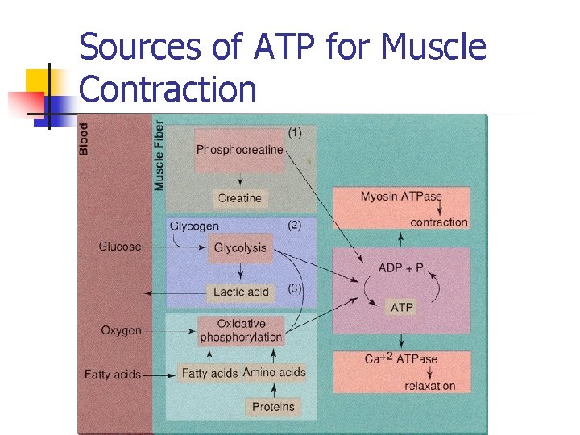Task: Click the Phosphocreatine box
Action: coord(239,150)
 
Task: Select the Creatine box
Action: coord(239,197)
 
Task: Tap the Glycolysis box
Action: coord(240,248)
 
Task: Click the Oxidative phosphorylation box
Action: coord(241,330)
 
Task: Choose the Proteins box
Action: coord(273,406)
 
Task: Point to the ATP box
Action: coord(401,307)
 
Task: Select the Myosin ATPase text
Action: coord(400,196)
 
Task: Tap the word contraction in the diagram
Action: coord(438,222)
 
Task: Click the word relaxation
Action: coord(429,386)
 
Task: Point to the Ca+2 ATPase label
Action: coord(401,358)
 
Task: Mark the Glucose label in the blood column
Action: coord(120,246)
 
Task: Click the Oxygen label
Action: coord(121,330)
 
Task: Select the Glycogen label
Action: coord(194,226)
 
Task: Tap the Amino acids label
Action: coord(274,372)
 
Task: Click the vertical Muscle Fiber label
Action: coord(159,156)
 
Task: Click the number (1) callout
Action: coord(295,132)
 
